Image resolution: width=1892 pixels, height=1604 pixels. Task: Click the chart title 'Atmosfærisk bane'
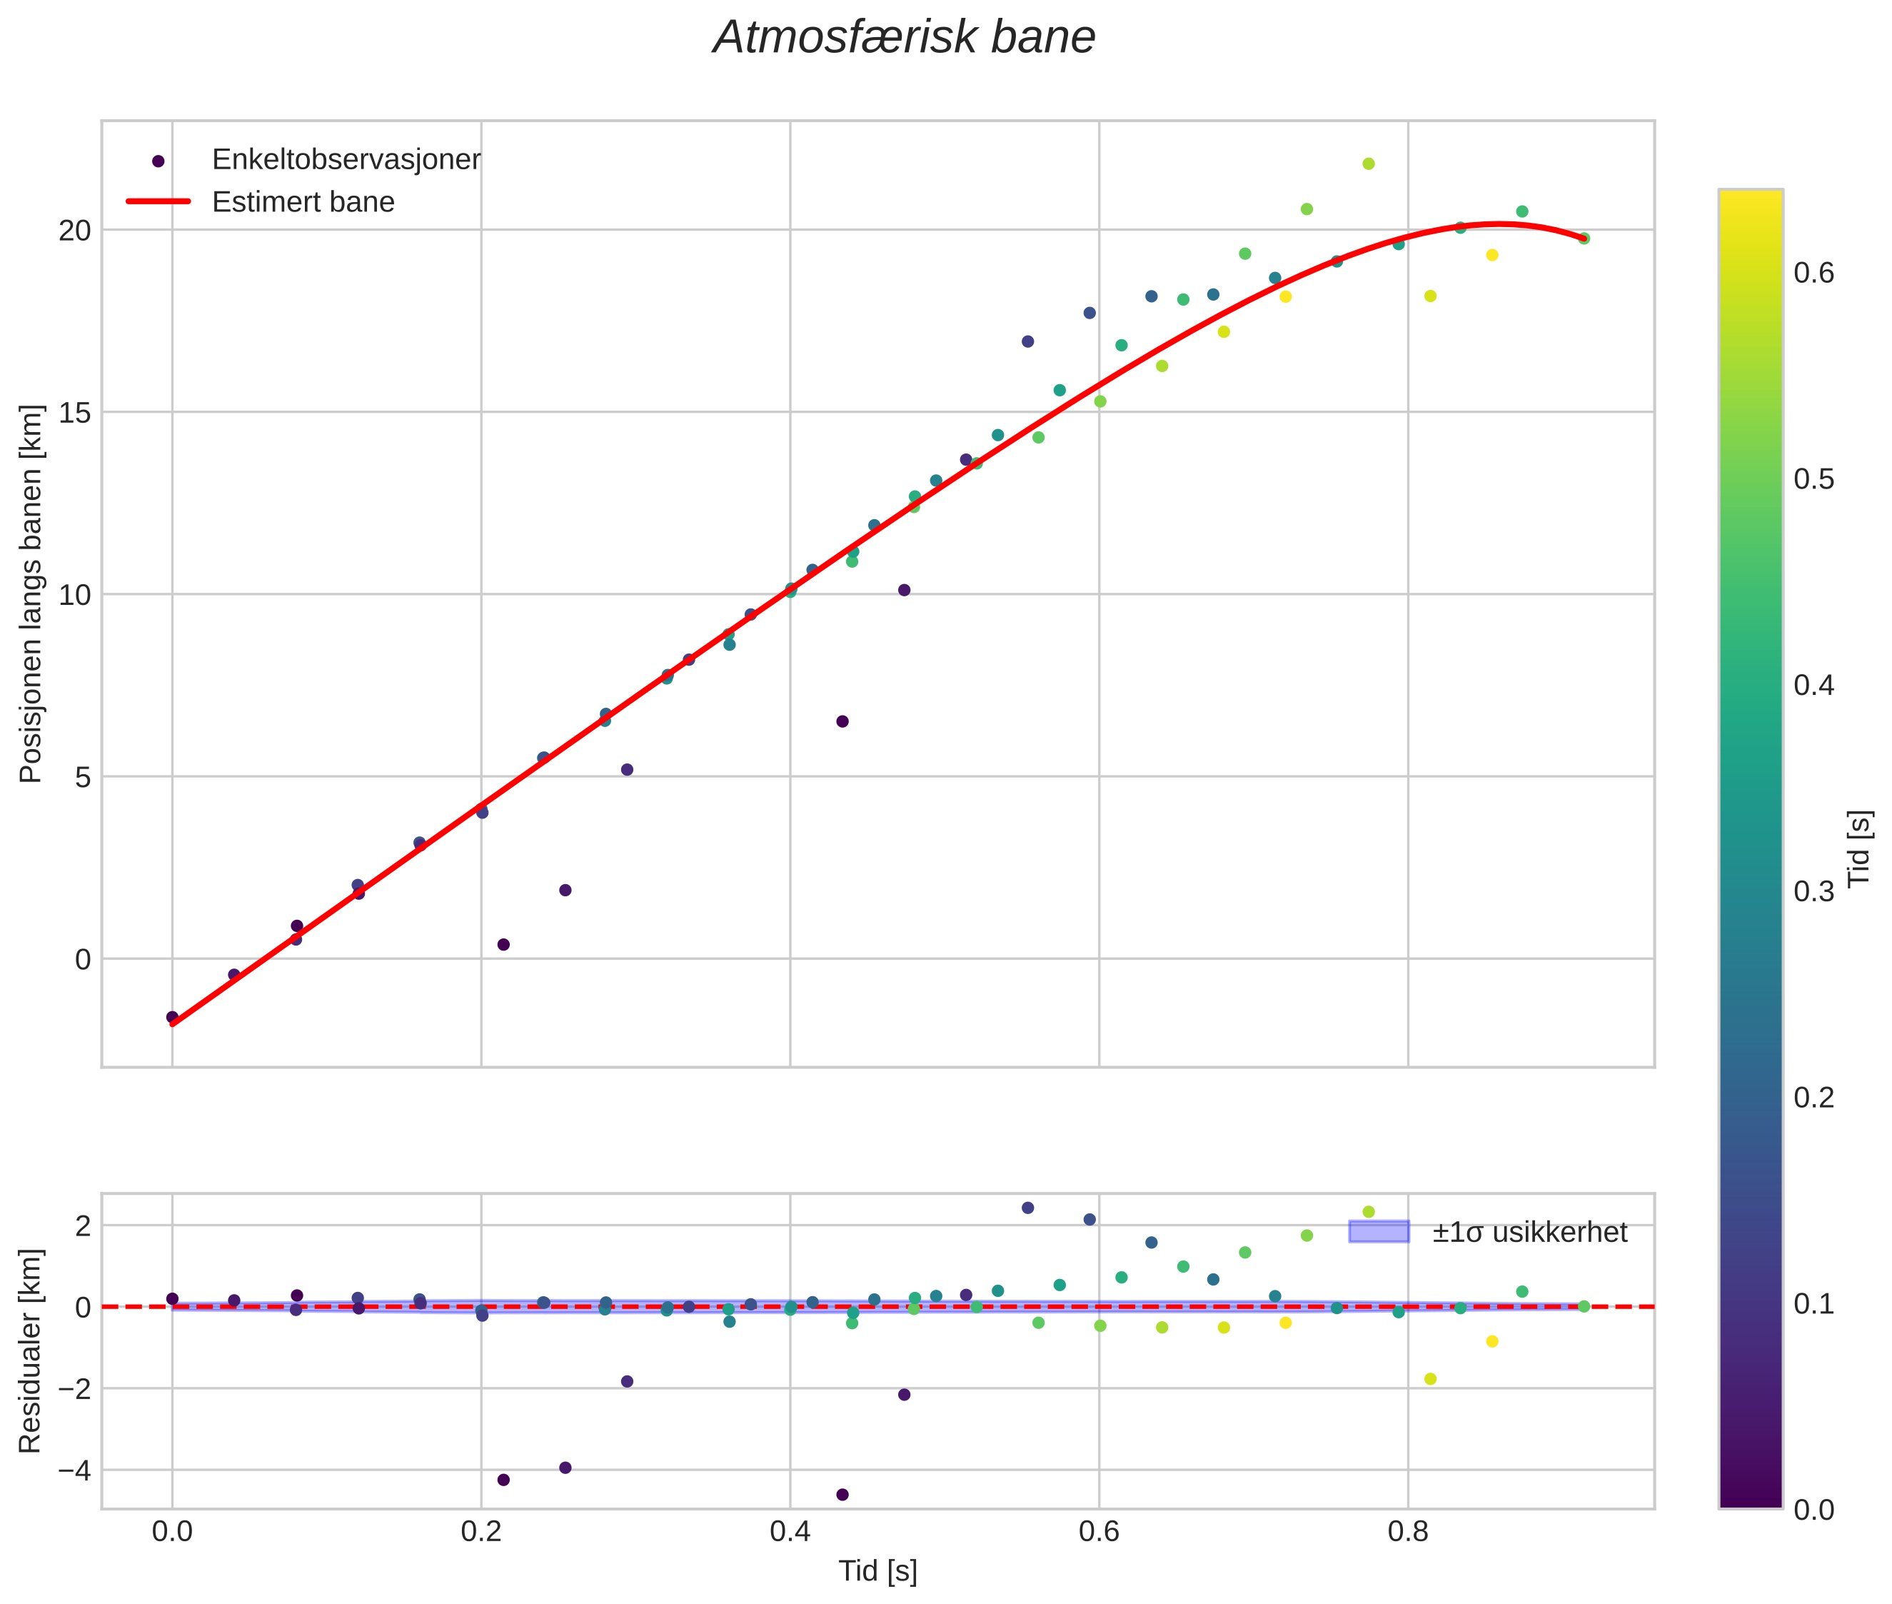[904, 38]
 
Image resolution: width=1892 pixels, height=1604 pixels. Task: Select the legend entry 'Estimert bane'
[303, 202]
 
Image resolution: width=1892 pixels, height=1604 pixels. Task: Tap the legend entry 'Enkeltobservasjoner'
[346, 160]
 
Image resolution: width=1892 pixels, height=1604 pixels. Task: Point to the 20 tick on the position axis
[76, 231]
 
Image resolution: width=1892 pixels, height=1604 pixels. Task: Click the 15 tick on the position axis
[76, 413]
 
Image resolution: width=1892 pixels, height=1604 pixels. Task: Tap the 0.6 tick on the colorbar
[1813, 274]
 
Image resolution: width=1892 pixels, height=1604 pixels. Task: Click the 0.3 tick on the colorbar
[1813, 892]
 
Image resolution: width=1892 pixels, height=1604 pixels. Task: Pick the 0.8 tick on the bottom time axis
[1407, 1532]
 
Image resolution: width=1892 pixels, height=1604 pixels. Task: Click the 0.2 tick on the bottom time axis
[481, 1532]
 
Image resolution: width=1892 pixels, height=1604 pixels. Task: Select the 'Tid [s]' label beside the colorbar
[1860, 848]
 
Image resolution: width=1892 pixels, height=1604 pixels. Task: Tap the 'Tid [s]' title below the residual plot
[877, 1571]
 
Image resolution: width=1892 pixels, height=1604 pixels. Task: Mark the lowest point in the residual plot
[842, 1495]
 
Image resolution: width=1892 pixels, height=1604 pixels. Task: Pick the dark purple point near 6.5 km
[842, 721]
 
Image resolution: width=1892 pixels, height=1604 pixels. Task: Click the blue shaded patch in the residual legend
[1379, 1232]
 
